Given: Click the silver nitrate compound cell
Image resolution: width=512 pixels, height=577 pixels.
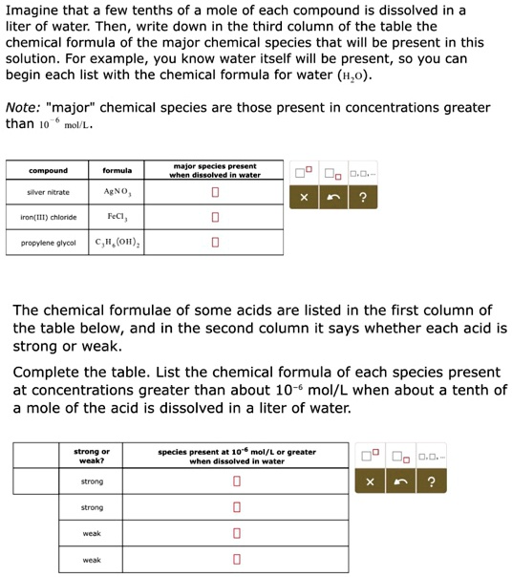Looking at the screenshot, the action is (48, 192).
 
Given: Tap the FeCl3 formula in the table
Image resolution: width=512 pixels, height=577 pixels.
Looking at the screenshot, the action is (117, 217).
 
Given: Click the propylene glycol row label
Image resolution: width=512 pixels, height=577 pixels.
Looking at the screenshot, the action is (48, 243).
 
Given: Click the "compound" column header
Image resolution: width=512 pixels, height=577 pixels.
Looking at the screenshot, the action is (48, 171).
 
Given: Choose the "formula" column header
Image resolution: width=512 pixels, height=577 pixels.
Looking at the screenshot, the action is (117, 171).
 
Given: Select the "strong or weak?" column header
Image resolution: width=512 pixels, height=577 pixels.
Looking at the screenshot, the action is (92, 456).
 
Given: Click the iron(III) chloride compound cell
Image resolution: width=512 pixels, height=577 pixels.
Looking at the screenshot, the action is (48, 217).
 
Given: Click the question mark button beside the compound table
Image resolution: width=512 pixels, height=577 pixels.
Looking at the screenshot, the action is (362, 199).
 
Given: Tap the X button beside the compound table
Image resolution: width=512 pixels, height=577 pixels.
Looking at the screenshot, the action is (305, 199).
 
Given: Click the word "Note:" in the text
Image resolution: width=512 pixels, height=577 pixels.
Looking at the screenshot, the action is (24, 107).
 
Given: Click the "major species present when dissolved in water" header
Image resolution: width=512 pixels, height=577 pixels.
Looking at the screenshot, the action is (215, 171).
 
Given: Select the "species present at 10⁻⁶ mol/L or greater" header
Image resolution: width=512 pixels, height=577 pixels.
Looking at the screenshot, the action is (237, 456).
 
